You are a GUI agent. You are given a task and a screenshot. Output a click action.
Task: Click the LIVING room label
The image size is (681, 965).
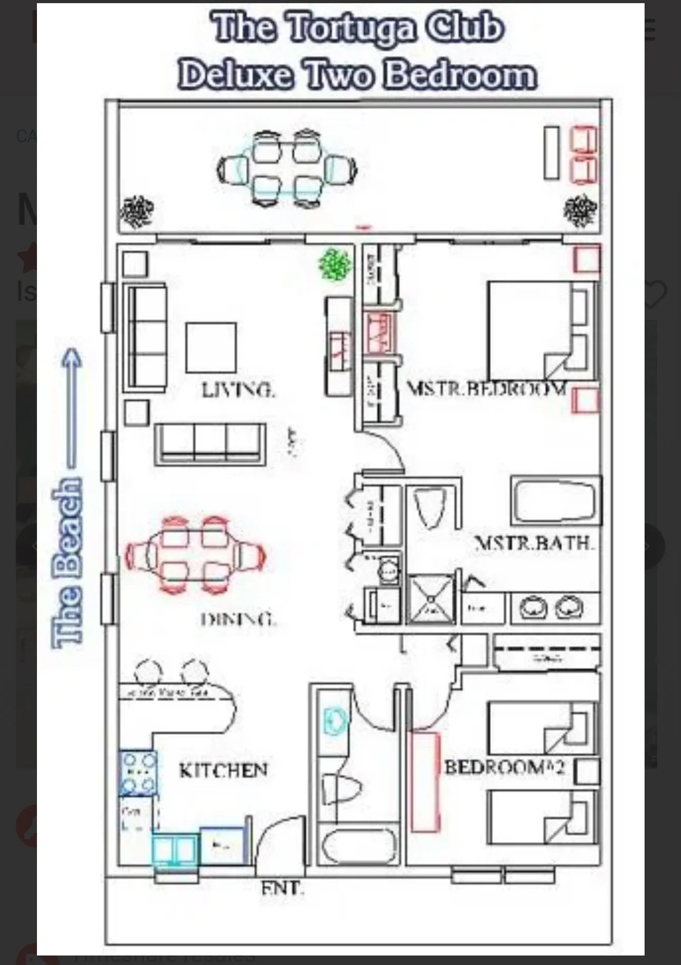point(238,390)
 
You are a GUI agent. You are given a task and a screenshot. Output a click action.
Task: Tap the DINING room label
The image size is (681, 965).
point(239,618)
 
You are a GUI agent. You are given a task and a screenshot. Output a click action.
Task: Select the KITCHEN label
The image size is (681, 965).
point(223,770)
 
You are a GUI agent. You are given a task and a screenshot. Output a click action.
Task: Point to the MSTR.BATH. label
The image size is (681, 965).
point(534,543)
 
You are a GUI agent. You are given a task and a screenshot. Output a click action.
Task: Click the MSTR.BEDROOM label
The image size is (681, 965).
point(486,389)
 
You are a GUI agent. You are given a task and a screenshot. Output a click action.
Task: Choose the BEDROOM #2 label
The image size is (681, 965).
point(505,767)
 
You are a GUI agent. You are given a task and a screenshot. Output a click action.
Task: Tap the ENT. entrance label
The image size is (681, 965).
point(282,888)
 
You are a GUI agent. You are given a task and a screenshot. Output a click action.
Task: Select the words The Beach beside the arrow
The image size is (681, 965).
point(68,562)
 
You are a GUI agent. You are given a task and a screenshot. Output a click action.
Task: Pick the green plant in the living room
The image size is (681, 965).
point(335,264)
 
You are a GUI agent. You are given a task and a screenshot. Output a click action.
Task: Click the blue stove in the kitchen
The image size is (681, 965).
point(138,773)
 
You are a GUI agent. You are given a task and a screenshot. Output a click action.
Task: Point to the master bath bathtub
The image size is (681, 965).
point(555,500)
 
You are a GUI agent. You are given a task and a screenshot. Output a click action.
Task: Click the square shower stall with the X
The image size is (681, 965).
point(431,599)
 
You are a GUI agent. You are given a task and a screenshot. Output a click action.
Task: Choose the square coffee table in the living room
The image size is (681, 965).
point(211,348)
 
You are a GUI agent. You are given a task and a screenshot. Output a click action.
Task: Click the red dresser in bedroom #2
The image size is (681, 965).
point(425,781)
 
